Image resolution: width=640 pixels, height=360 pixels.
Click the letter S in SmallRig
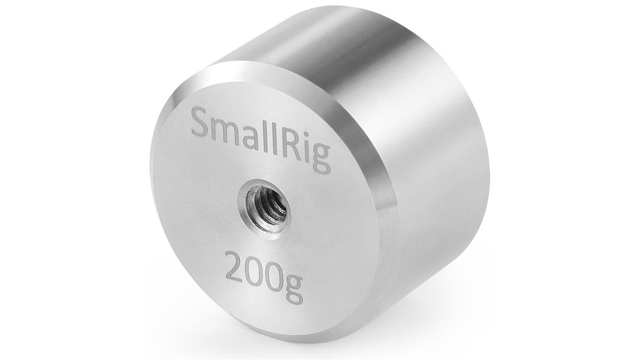coord(203,124)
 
